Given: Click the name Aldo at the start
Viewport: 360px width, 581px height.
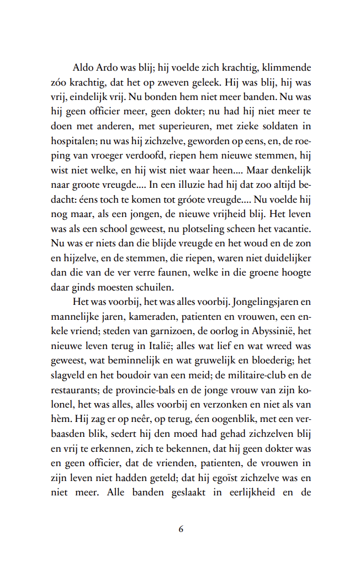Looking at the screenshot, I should coord(83,68).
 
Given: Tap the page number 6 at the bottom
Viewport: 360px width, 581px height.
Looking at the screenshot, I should coord(181,529).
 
